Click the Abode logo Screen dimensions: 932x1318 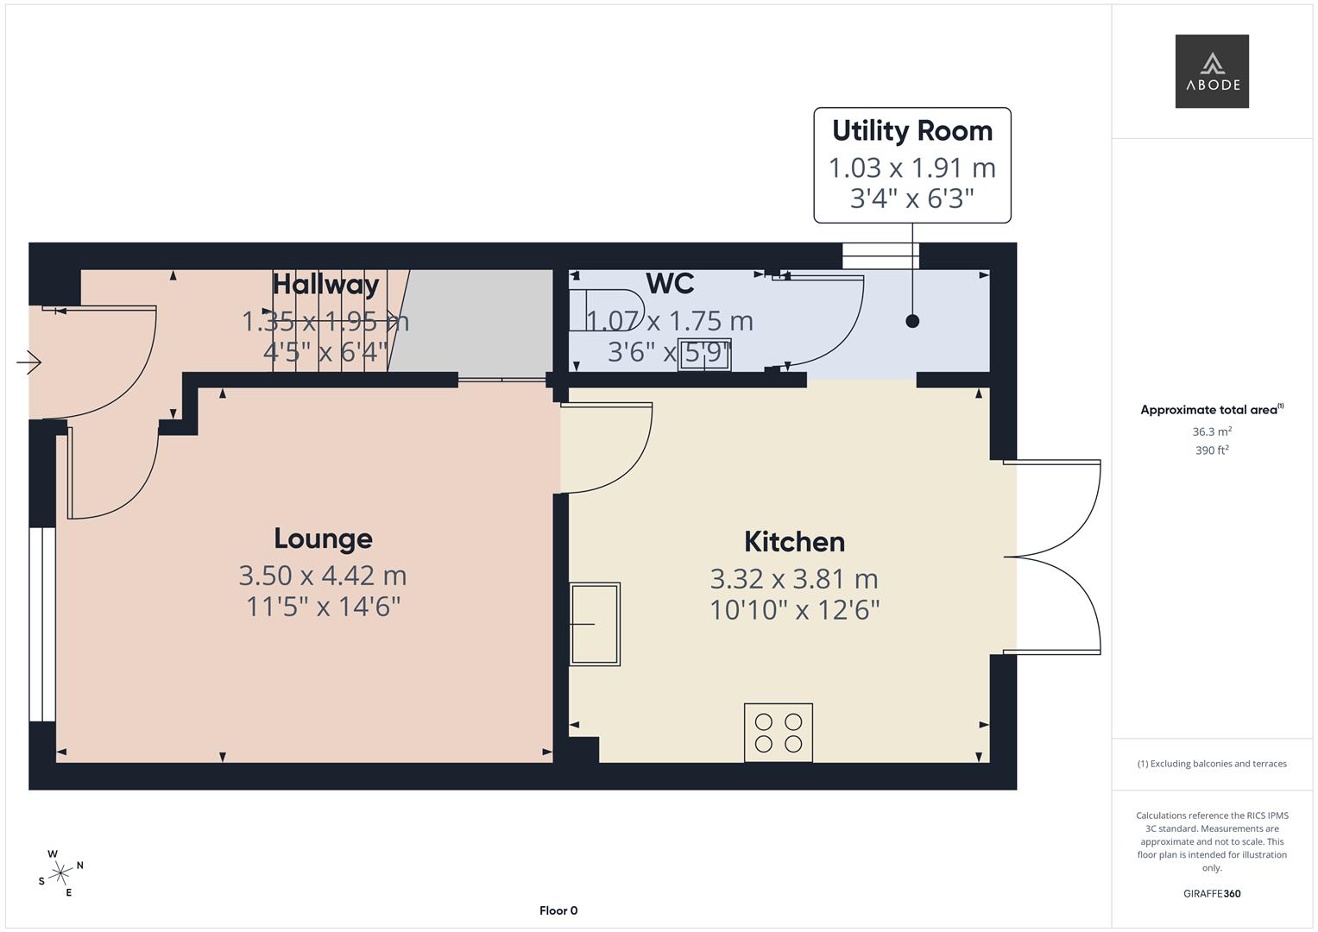1211,72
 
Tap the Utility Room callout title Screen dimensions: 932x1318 911,131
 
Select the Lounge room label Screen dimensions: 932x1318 323,538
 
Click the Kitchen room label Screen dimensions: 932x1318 794,542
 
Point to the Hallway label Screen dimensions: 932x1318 325,285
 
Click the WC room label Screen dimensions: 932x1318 670,284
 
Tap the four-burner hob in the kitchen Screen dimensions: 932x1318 779,733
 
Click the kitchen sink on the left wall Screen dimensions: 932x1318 595,623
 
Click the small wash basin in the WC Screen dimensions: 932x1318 704,356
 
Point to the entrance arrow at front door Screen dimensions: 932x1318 30,362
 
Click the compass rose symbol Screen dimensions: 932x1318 60,873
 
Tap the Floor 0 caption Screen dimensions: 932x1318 558,910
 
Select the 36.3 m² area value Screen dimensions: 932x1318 1211,431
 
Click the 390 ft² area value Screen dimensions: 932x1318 1211,450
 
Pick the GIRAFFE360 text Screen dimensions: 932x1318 1211,893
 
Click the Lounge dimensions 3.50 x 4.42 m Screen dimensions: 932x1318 323,576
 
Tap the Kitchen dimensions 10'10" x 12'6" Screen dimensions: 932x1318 794,610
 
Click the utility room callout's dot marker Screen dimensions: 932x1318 912,321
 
